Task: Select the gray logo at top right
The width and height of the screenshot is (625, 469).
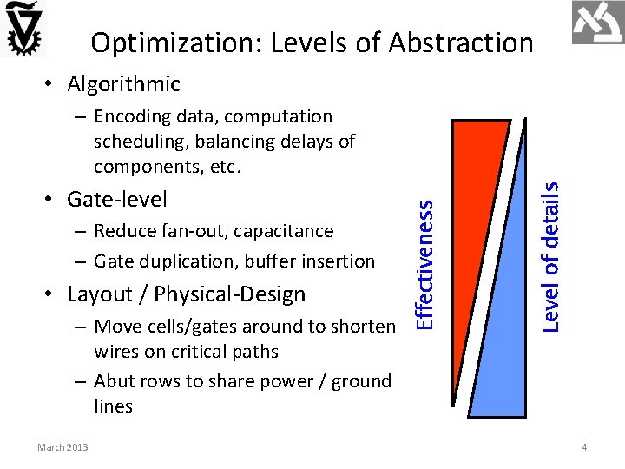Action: click(x=597, y=23)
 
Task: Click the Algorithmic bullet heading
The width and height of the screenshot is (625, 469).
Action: click(x=123, y=84)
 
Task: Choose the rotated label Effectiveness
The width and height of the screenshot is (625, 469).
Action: click(x=424, y=264)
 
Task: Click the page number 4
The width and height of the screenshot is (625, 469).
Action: click(x=585, y=447)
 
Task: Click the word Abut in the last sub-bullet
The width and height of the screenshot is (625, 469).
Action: click(x=113, y=381)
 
